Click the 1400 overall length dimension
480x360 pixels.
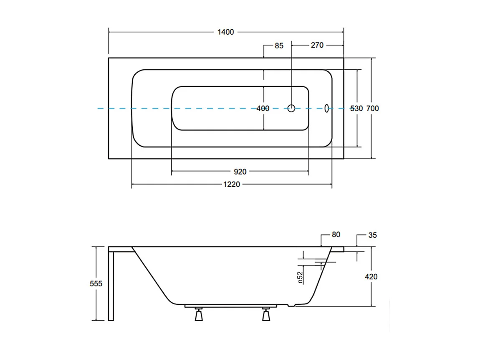pos(226,32)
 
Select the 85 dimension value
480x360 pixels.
pos(279,46)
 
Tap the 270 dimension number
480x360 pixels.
pos(317,45)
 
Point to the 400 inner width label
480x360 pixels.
pos(263,109)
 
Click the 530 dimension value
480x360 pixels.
pos(356,109)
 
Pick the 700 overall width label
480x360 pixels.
pos(373,109)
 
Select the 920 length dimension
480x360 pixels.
pos(240,172)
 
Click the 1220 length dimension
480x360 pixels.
pos(232,185)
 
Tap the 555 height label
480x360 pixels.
pos(96,284)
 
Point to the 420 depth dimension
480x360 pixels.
pos(371,276)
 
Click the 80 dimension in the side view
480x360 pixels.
pos(336,235)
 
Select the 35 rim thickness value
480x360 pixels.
pos(373,235)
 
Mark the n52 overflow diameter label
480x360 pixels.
pos(300,277)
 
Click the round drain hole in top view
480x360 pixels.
pos(291,108)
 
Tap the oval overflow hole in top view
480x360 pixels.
pos(327,108)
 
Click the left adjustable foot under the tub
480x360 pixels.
pos(199,314)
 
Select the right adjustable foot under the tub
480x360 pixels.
pos(266,314)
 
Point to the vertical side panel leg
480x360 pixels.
pos(111,286)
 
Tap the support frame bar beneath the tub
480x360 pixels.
pos(230,306)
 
